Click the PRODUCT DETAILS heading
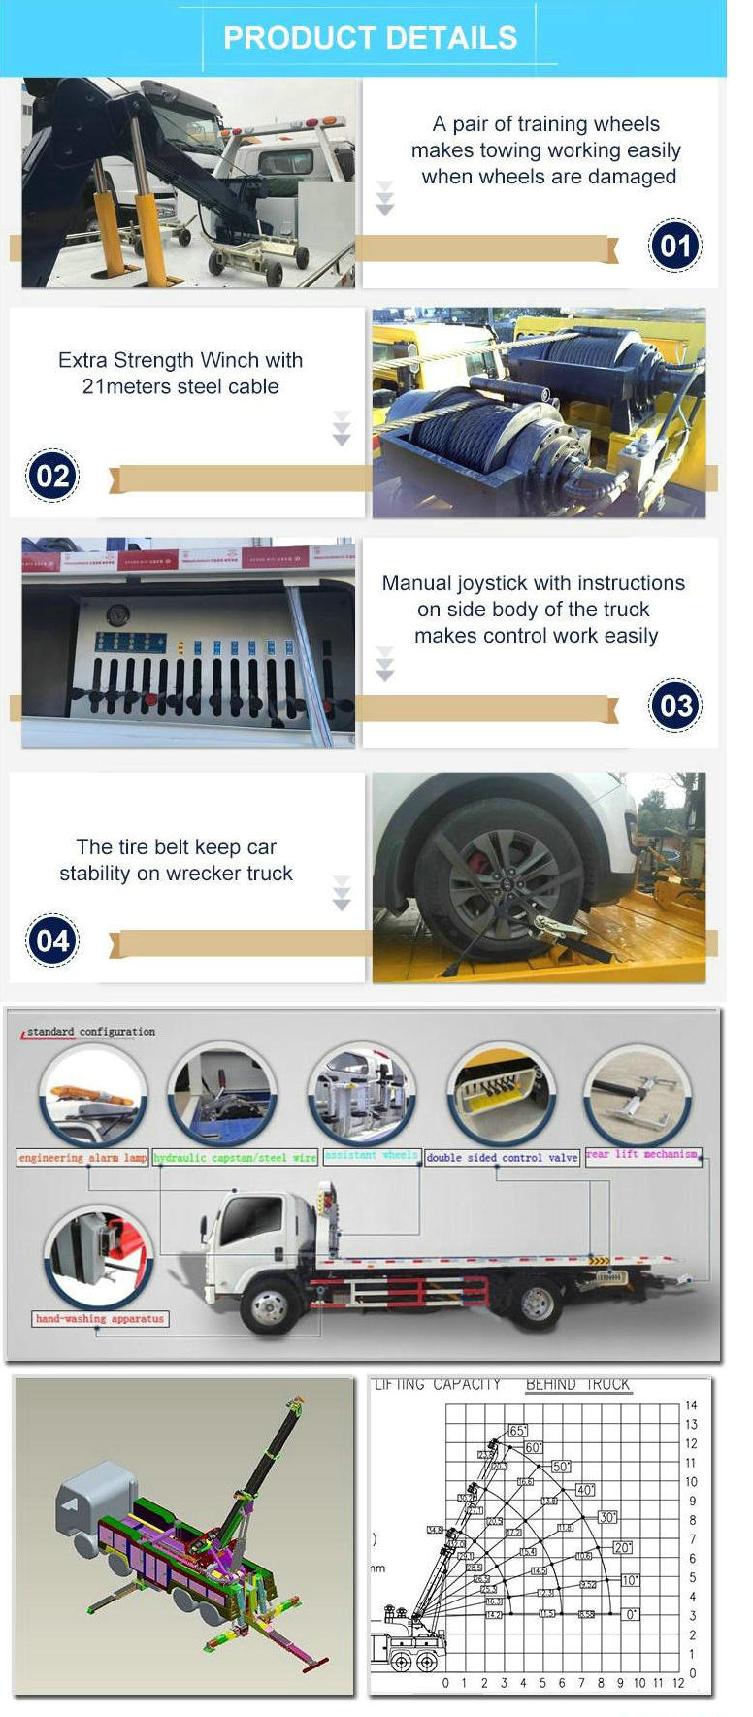point(370,38)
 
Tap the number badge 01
point(673,246)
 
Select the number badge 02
point(52,476)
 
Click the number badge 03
point(673,706)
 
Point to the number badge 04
point(52,940)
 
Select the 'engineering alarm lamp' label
point(82,1158)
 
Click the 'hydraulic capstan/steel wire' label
point(235,1158)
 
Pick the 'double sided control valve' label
point(502,1158)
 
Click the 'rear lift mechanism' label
point(641,1154)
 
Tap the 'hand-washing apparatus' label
point(100,1319)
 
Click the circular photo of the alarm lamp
point(93,1096)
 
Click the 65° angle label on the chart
point(517,1431)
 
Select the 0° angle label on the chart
point(631,1614)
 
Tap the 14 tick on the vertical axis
point(691,1405)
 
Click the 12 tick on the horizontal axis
point(677,1683)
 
